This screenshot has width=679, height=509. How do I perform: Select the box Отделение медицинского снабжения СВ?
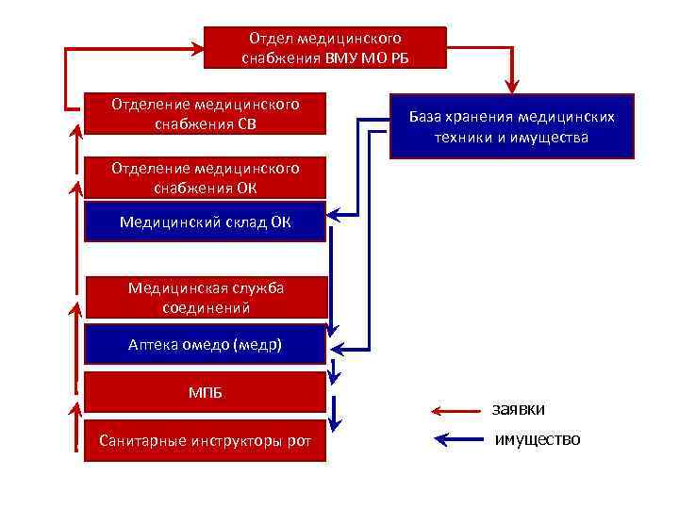pyautogui.click(x=206, y=113)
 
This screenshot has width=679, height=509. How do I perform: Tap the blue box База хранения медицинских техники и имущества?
pyautogui.click(x=511, y=126)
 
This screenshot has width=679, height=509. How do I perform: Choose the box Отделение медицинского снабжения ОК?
pyautogui.click(x=206, y=177)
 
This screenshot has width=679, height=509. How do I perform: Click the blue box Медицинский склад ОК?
pyautogui.click(x=206, y=222)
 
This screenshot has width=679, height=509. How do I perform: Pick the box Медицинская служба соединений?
pyautogui.click(x=206, y=297)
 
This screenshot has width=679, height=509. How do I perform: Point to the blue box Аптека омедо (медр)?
pyautogui.click(x=206, y=345)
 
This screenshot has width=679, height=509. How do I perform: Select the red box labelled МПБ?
pyautogui.click(x=206, y=391)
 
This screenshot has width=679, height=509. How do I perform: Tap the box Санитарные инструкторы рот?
pyautogui.click(x=206, y=440)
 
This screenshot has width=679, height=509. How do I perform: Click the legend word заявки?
pyautogui.click(x=518, y=409)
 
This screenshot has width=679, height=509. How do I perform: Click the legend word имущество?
pyautogui.click(x=538, y=440)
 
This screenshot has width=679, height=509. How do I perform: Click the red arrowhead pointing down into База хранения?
pyautogui.click(x=512, y=83)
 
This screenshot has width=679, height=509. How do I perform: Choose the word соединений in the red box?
pyautogui.click(x=206, y=307)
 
